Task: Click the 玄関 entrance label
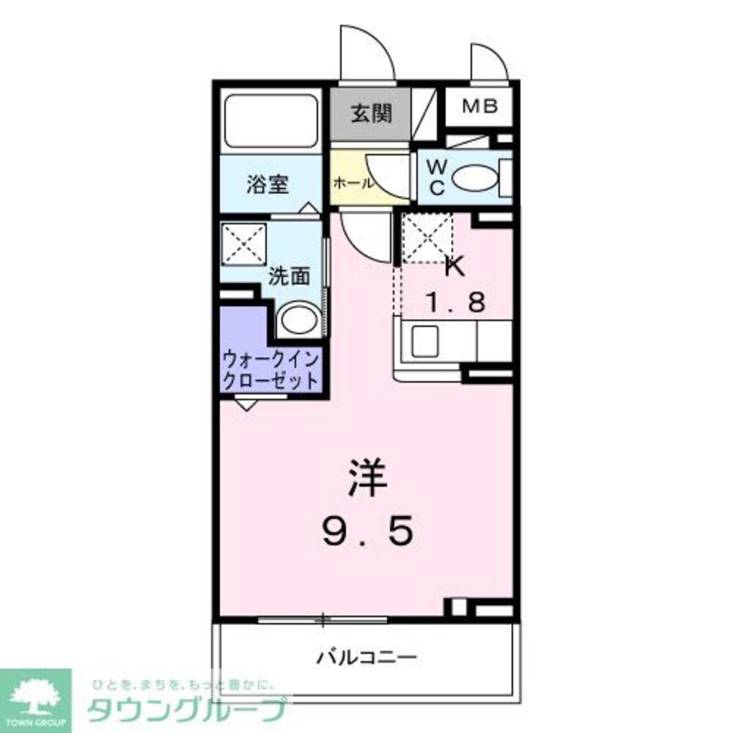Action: point(370,114)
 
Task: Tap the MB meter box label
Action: point(480,106)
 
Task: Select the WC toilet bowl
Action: point(474,178)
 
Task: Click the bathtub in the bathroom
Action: point(270,119)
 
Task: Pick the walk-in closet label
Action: point(271,371)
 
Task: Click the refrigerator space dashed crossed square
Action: point(427,237)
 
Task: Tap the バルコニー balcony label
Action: point(366,655)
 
